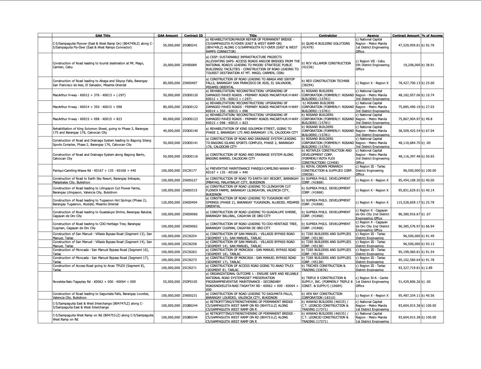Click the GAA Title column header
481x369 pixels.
pyautogui.click(x=103, y=35)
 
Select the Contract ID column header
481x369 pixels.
pyautogui.click(x=193, y=35)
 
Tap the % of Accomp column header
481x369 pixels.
pyautogui.click(x=432, y=35)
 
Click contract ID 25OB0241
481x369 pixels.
pyautogui.click(x=190, y=45)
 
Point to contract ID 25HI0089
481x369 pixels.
pyautogui.click(x=190, y=65)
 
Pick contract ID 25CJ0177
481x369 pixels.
pyautogui.click(x=190, y=171)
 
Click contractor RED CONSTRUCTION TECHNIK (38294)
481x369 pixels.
pyautogui.click(x=325, y=83)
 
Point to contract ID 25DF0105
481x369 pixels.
pyautogui.click(x=190, y=282)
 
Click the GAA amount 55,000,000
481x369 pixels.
pyautogui.click(x=171, y=282)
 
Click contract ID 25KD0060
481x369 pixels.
pyautogui.click(x=190, y=214)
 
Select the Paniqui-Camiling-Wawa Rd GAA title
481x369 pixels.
pyautogui.click(x=94, y=171)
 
